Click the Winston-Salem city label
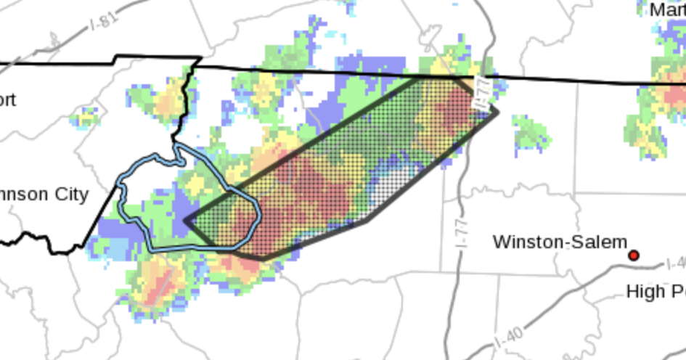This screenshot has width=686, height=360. [559, 242]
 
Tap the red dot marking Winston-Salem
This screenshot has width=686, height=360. [633, 255]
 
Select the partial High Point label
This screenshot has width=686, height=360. [656, 292]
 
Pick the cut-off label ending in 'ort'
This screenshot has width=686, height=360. [7, 99]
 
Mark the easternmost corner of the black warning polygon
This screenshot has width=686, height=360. [497, 111]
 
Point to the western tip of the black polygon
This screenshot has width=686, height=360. [186, 221]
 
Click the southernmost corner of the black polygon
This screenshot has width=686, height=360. [263, 258]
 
